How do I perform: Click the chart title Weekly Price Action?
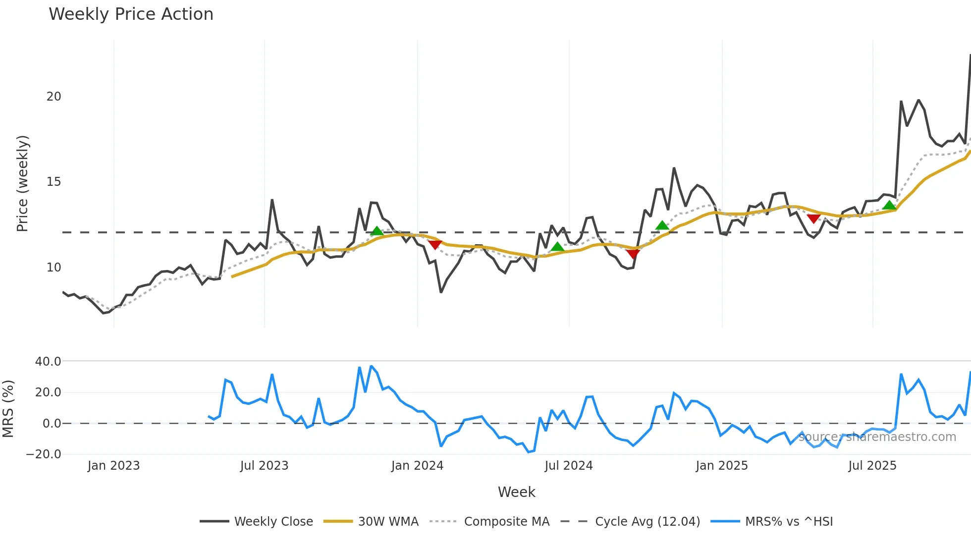(131, 14)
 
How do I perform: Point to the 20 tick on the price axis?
(54, 97)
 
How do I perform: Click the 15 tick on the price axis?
(54, 182)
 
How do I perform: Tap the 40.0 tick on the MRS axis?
(48, 362)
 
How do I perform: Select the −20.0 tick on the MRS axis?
(44, 454)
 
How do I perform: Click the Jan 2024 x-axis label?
(417, 466)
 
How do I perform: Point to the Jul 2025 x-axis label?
(872, 466)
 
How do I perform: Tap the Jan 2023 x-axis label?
(113, 466)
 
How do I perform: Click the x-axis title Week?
(516, 492)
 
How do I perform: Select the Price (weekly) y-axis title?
(22, 183)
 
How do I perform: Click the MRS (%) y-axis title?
(8, 409)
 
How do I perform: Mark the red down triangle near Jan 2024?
(434, 245)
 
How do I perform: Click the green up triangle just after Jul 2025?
(889, 205)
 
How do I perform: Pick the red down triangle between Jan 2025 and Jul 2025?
(813, 218)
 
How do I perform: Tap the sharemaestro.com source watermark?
(877, 437)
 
